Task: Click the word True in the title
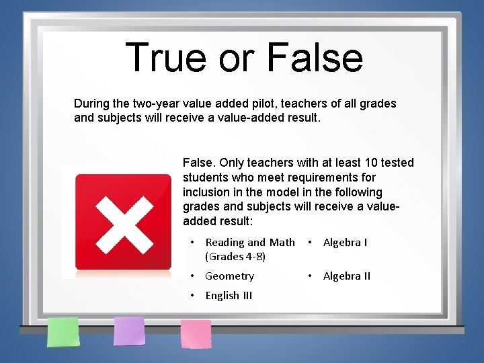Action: coord(165,57)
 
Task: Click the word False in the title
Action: coord(315,57)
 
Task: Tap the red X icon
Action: coord(123,222)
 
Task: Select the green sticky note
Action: coord(63,331)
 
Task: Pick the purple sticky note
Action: coord(129,331)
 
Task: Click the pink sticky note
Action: coord(196,333)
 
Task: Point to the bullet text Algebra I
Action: coord(345,242)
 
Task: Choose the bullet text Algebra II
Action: coord(347,276)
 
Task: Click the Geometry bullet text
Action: coord(229,276)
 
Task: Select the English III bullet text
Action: coord(229,295)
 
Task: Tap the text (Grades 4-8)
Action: coord(235,256)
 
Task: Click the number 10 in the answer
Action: coord(372,163)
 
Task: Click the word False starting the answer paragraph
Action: coord(198,163)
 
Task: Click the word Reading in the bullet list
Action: coord(225,242)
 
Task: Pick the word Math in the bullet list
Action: coord(282,242)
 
